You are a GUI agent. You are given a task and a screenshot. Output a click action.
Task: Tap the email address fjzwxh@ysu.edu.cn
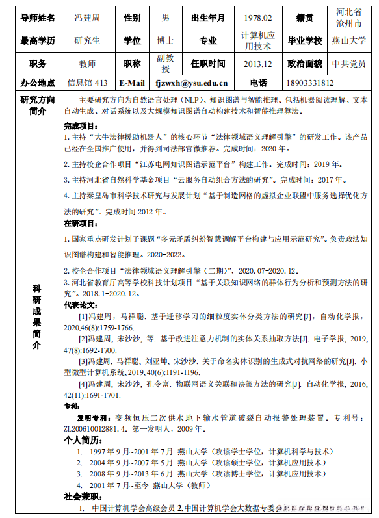pos(191,83)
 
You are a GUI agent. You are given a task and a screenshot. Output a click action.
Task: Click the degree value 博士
pos(165,41)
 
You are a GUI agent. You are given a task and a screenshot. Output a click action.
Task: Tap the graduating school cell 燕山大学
pos(348,41)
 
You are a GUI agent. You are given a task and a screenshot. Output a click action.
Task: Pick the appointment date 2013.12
pos(257,64)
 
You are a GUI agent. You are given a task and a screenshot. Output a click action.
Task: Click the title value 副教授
pos(165,64)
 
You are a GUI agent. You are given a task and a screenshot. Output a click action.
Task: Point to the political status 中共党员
pos(348,64)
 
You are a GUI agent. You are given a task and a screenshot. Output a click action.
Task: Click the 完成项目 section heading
pos(80,125)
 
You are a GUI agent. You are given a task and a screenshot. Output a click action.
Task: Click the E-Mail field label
pos(132,83)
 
